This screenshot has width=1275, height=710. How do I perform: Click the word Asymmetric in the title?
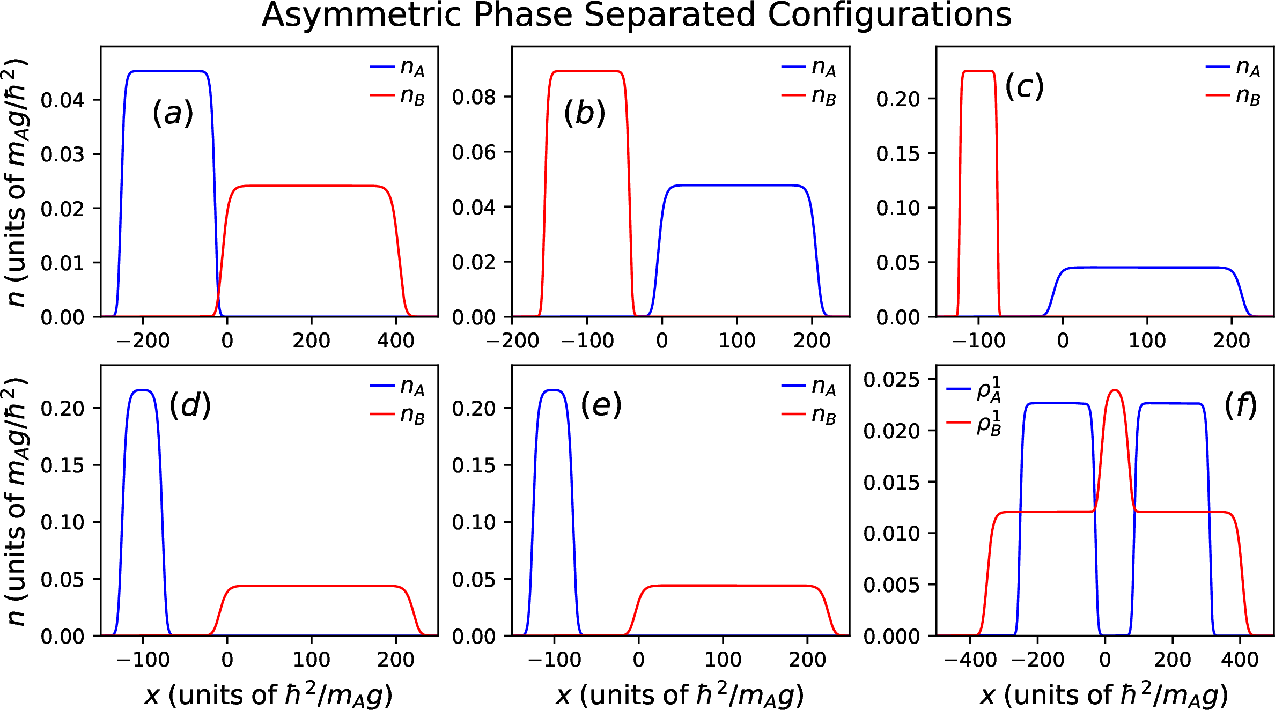(x=361, y=15)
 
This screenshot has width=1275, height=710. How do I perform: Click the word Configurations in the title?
(x=889, y=15)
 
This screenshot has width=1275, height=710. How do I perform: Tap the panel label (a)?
(x=173, y=113)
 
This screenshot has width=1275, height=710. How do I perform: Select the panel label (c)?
(x=1024, y=86)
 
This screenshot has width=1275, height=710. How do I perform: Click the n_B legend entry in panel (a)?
(x=398, y=96)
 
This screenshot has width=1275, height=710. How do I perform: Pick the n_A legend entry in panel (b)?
(x=809, y=68)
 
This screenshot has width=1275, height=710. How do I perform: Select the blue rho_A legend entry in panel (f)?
(x=974, y=389)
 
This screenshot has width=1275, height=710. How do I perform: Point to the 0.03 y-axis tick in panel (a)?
(x=62, y=154)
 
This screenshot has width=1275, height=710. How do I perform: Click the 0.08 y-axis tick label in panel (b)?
(x=474, y=97)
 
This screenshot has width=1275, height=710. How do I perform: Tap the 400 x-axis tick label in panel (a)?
(x=396, y=341)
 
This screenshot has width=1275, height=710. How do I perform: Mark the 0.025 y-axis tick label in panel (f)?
(x=891, y=380)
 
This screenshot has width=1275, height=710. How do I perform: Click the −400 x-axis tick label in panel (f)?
(x=970, y=659)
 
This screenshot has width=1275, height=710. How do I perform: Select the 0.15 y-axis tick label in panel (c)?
(x=898, y=154)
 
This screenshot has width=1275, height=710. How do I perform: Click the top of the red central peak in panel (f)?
(x=1115, y=390)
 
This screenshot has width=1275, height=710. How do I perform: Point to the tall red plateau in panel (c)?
(x=978, y=71)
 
